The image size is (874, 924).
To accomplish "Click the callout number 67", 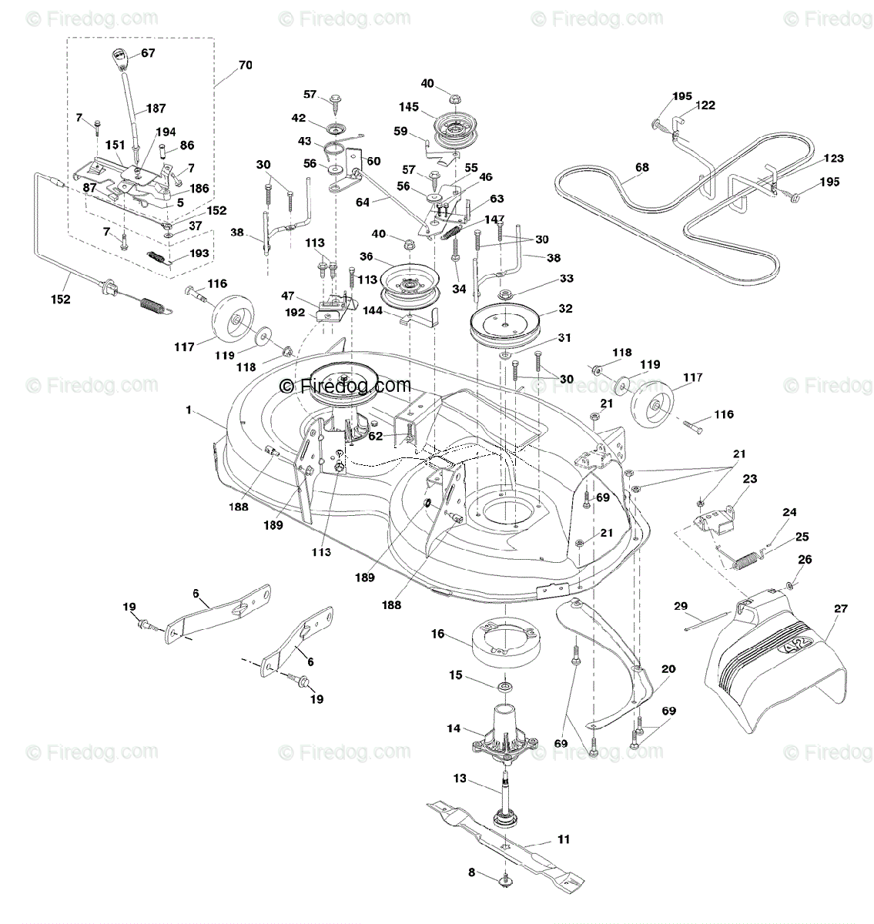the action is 148,53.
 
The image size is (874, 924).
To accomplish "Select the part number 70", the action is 246,65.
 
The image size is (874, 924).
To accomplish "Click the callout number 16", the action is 437,634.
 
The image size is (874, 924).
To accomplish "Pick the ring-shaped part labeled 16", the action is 505,642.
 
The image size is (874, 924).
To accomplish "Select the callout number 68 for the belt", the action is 641,167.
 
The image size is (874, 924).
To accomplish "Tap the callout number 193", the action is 199,253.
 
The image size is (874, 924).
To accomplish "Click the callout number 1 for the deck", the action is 189,410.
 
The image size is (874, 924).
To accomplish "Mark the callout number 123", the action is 833,159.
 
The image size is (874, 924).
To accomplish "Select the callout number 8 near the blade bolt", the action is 471,872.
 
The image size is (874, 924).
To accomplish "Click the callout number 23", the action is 749,479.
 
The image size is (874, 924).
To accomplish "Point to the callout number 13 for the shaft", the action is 460,778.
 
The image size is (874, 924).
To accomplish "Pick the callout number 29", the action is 680,606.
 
